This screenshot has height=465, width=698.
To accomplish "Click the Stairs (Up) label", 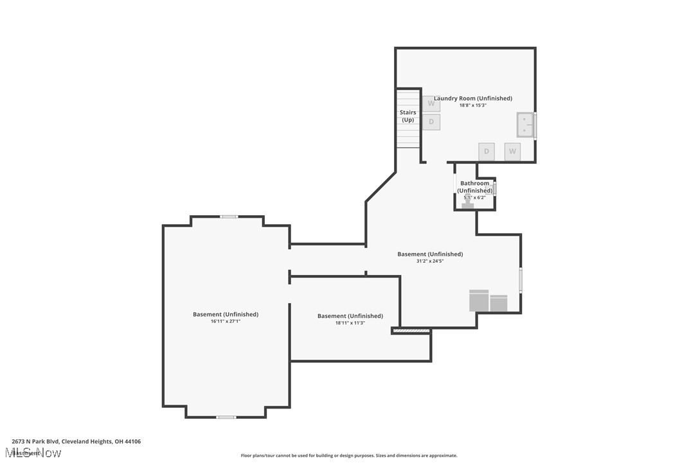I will click(408, 116).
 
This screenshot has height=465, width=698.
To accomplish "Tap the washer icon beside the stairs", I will click(431, 103).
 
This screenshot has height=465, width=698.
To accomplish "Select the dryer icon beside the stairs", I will click(431, 122).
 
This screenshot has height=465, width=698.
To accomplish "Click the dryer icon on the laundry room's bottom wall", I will click(487, 152).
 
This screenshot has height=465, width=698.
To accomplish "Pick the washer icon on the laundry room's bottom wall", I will click(512, 152).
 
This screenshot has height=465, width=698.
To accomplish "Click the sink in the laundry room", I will click(526, 125).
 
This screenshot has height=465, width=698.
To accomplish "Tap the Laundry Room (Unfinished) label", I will click(473, 98).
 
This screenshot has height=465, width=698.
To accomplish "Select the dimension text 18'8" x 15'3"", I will click(473, 105).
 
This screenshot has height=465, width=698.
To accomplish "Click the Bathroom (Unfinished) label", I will click(475, 187).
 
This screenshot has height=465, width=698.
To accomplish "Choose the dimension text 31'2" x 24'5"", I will click(430, 261).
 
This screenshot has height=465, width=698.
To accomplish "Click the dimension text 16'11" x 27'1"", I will click(226, 321).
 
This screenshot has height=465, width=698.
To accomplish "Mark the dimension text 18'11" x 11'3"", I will click(350, 323).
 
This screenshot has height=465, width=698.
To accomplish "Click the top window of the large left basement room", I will click(229, 216).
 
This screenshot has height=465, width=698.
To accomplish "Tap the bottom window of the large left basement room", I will click(226, 417).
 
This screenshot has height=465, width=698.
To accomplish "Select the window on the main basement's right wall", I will click(521, 281).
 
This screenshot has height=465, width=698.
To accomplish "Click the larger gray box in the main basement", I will click(479, 301).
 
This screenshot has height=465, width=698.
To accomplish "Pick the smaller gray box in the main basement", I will click(499, 303).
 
